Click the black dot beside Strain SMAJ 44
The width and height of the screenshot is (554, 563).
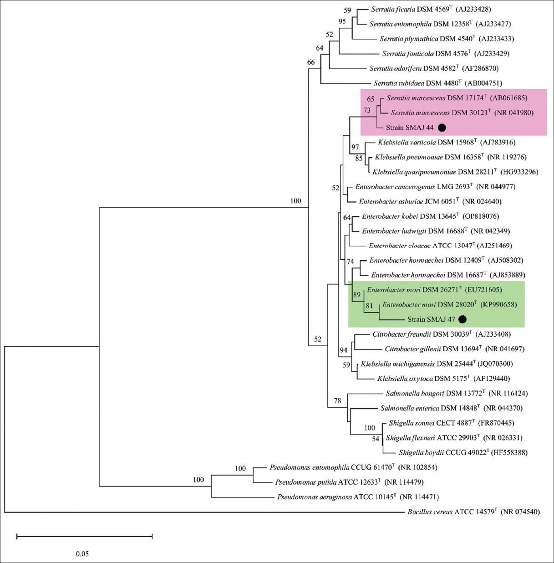click(442, 128)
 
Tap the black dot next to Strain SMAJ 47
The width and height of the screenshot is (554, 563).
click(463, 319)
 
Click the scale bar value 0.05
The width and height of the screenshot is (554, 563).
click(82, 554)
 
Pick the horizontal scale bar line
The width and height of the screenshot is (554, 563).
click(84, 537)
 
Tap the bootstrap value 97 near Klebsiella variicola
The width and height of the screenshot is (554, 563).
click(355, 147)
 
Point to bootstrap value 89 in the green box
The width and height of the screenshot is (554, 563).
click(356, 295)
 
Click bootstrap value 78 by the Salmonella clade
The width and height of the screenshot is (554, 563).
click(337, 401)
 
